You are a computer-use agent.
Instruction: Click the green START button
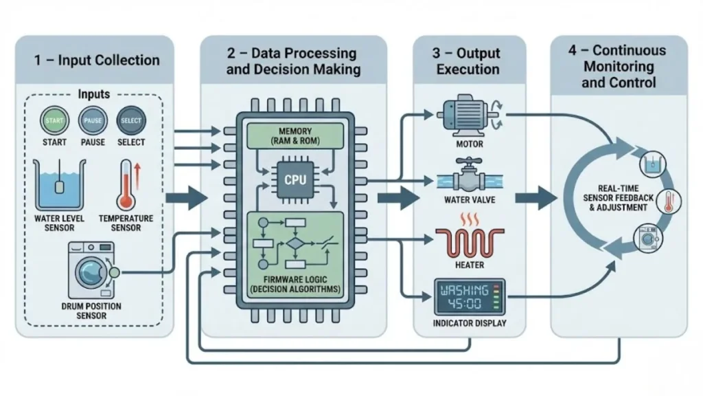[x=54, y=120]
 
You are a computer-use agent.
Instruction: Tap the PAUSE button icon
[x=93, y=120]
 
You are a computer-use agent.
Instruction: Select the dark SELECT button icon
[x=130, y=120]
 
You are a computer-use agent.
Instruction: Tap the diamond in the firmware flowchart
[x=295, y=243]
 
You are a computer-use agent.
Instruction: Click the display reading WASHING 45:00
[x=470, y=296]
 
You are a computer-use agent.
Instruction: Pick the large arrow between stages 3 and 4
[x=535, y=199]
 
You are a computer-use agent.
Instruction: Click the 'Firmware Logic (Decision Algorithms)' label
[x=295, y=284]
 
